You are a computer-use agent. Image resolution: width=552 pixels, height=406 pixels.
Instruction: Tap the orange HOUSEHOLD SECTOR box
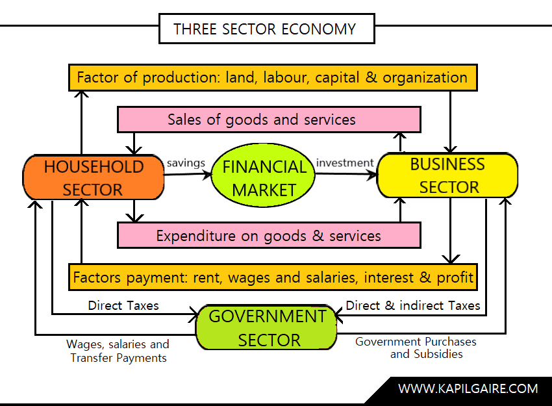pos(94,177)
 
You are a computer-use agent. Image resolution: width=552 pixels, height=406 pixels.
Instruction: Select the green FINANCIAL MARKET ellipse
pos(264,178)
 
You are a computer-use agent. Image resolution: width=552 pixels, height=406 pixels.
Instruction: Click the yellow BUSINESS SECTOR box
pos(447,175)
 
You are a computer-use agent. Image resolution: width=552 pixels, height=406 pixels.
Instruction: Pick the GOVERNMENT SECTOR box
pos(268,328)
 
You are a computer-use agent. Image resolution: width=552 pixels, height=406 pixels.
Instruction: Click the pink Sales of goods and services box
pos(269,120)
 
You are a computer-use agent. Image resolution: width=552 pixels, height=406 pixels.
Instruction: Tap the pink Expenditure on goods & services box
pos(269,235)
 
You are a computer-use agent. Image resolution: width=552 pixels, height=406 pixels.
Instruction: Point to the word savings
pos(186,162)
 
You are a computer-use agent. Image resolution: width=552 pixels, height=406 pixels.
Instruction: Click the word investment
pos(344,162)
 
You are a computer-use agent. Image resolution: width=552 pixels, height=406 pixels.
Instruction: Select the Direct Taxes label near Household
pos(123,305)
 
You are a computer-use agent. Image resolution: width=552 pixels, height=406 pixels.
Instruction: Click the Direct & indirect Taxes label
pos(413,305)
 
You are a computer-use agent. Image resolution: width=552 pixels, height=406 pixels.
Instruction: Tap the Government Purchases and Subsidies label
pos(416,348)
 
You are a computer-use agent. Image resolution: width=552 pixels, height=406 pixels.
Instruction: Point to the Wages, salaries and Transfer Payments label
pos(118,351)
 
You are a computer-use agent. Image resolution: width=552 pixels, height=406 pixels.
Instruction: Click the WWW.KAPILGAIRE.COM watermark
pos(468,388)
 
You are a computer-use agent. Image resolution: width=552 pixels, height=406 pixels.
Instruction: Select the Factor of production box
pos(273,78)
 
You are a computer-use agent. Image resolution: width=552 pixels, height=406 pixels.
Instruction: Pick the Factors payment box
pos(273,277)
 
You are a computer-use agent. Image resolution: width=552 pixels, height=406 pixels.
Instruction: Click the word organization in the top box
pos(425,78)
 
